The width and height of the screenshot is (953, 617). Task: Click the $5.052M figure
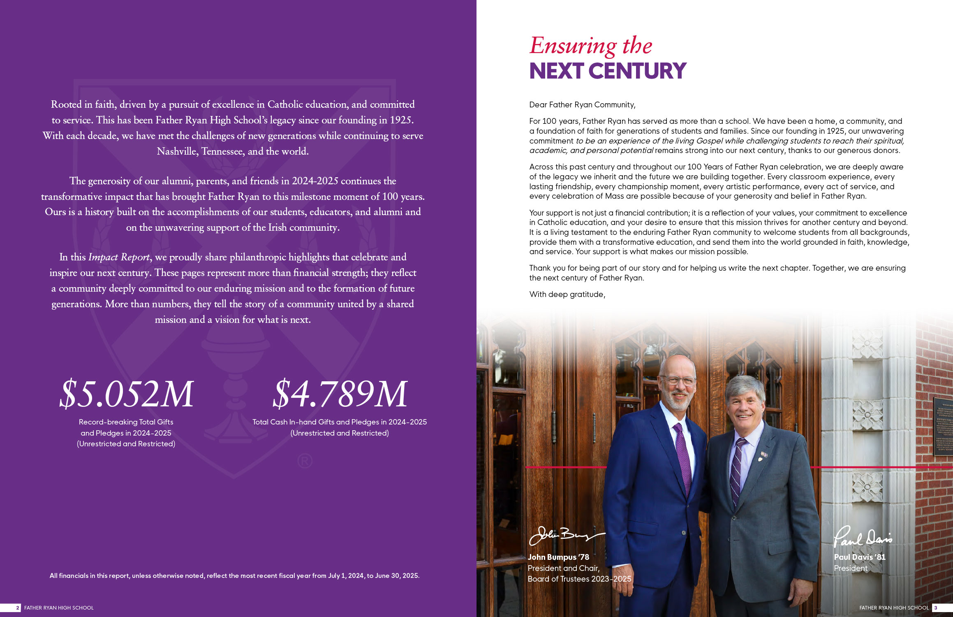point(126,394)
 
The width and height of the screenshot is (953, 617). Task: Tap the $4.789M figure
point(340,394)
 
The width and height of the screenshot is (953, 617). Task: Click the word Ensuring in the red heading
point(573,46)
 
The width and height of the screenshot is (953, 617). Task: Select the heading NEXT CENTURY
point(608,71)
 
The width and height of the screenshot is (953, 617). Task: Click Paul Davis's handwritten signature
point(862,537)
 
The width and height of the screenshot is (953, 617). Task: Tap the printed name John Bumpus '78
point(558,557)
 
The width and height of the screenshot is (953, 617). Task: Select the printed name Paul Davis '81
point(859,557)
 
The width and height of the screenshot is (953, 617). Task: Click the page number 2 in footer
point(17,608)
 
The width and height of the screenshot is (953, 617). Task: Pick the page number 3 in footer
point(936,608)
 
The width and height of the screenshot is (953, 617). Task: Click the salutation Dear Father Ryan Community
point(582,105)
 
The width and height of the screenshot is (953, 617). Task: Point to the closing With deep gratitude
point(567,295)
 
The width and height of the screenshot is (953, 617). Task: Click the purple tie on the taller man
point(682,457)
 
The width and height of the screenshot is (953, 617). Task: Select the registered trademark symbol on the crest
point(305,461)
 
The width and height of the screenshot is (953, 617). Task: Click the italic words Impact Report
point(119,257)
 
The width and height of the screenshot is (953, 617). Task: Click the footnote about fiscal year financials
point(234,575)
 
